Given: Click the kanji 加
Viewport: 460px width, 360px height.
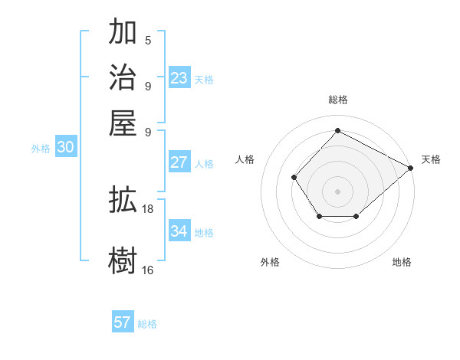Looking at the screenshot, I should coord(123,33).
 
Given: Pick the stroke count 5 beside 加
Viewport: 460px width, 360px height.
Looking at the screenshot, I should coord(148,41).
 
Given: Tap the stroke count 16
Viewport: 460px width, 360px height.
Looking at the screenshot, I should coord(148,270).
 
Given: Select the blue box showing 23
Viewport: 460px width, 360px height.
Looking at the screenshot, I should coord(179,78).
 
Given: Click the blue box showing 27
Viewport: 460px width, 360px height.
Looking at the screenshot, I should coord(179,162).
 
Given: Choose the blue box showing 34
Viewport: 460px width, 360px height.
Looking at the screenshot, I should coord(179,231).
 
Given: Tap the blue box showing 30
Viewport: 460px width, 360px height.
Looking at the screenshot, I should coord(65,149).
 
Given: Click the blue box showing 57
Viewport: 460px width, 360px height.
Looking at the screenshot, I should coord(123,322).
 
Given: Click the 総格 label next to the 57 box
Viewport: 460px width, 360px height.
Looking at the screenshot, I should coord(147,324).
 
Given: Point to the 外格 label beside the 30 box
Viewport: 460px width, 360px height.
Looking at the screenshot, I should coord(41,149).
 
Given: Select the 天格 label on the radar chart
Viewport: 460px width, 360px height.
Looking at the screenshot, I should coord(431,159).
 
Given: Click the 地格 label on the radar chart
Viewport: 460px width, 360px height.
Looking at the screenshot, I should coord(402,262).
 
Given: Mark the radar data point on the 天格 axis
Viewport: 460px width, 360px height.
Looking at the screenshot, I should coord(411,167).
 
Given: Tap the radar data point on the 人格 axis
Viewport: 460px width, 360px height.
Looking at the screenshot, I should coord(294,177).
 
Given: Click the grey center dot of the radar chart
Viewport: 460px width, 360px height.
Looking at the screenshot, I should coord(337,191).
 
